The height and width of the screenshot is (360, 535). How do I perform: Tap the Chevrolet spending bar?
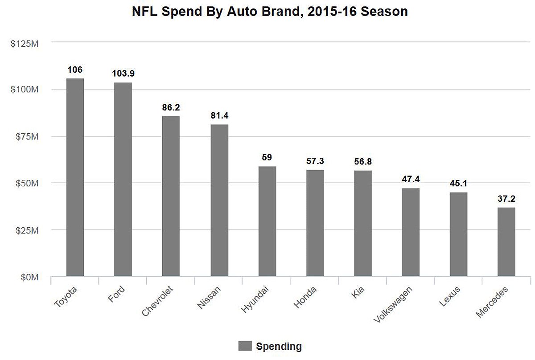coord(171,196)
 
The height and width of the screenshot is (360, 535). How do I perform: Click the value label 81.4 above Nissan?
coord(219,116)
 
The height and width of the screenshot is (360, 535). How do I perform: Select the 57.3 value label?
coord(315,161)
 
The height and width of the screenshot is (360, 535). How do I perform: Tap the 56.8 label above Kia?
coord(363,161)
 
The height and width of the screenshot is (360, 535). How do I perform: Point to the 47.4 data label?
coord(411,179)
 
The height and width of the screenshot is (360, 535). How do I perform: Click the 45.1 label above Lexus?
coord(459,184)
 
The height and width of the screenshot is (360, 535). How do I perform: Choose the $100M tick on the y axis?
coord(25,90)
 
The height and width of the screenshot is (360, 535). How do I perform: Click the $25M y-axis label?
coord(28,230)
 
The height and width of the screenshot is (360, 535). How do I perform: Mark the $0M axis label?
coord(30,278)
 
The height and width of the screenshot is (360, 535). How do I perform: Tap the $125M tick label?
coord(25,43)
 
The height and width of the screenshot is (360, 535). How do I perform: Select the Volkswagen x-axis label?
coord(393,305)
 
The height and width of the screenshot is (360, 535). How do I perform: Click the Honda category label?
coord(305,297)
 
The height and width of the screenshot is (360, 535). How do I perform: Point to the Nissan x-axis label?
coord(208,298)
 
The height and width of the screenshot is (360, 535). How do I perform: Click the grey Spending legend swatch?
coord(245,346)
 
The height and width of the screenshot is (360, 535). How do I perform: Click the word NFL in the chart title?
coord(144,12)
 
